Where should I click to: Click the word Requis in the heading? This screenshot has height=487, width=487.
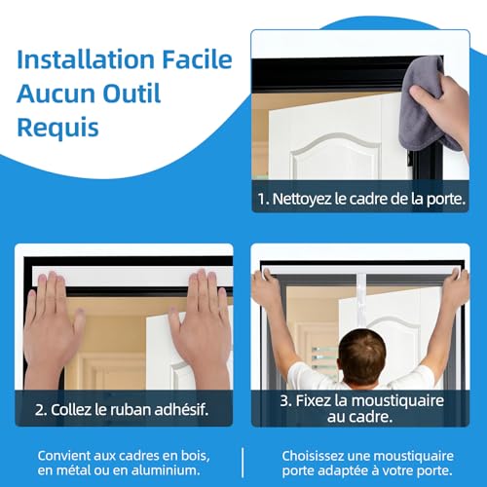57,129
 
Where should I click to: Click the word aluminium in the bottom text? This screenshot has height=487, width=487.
174,469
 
